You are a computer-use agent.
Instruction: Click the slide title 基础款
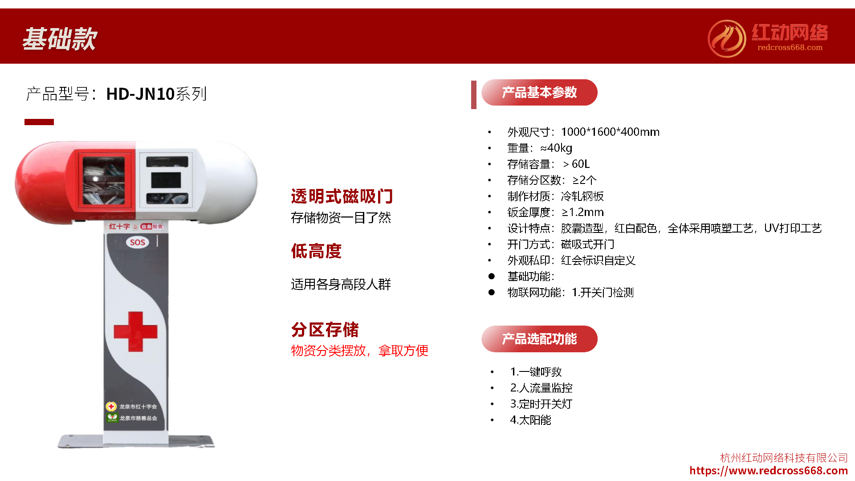point(60,39)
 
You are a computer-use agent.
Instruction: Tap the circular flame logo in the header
point(727,39)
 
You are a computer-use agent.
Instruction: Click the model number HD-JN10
point(140,94)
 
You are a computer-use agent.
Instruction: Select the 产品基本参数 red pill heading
point(539,93)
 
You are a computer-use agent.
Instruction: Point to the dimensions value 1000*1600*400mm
point(610,132)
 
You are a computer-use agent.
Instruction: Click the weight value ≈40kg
point(556,148)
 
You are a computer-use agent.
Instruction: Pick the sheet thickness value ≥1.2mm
point(582,212)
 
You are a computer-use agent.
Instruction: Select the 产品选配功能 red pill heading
point(539,339)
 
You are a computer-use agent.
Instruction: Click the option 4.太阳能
point(530,420)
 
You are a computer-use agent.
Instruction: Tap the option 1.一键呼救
point(536,372)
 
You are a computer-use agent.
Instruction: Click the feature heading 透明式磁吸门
point(342,196)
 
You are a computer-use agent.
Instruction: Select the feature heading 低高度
point(316,251)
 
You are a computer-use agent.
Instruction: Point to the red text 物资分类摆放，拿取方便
point(359,351)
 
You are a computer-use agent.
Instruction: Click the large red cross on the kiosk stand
point(135,331)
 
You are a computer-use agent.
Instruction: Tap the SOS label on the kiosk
point(137,242)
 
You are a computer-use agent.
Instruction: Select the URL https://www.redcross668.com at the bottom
point(768,471)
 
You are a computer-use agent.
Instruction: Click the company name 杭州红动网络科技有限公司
point(784,458)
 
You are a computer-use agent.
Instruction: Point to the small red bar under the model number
point(39,122)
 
